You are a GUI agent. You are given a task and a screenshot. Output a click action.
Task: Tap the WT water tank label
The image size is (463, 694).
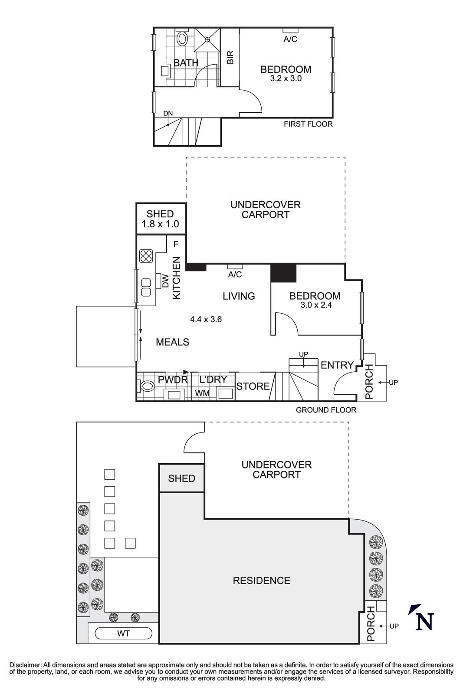click(123, 634)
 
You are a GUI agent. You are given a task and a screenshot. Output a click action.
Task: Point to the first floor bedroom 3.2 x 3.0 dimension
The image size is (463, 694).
click(286, 79)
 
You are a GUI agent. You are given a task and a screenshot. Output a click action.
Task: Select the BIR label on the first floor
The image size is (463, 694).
click(230, 57)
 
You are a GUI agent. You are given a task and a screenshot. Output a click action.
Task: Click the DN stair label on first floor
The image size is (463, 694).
click(168, 114)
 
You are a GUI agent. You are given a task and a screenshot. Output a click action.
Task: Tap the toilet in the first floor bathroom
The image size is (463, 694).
click(182, 39)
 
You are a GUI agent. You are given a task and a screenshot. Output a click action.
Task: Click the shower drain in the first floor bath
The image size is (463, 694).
click(207, 40)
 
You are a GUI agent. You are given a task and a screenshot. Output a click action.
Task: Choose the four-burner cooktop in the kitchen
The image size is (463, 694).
click(146, 256)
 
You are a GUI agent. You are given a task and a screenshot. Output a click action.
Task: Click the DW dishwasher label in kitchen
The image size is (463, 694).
click(165, 281)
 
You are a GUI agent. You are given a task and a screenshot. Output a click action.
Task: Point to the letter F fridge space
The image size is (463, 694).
click(176, 244)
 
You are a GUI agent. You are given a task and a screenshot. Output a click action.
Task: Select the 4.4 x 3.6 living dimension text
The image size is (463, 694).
click(206, 320)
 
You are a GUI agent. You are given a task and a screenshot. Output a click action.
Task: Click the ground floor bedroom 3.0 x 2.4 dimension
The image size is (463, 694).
click(315, 305)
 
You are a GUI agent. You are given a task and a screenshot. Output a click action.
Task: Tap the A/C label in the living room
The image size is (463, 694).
click(235, 275)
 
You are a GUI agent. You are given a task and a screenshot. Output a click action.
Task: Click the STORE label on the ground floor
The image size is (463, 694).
click(253, 386)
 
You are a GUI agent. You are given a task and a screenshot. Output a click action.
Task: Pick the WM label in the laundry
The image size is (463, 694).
click(203, 393)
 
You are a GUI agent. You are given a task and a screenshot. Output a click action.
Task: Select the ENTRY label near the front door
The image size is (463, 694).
click(337, 365)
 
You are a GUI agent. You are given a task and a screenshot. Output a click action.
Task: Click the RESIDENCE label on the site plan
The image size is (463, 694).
click(261, 580)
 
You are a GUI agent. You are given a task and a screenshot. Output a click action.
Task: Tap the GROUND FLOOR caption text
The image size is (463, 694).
click(326, 410)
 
